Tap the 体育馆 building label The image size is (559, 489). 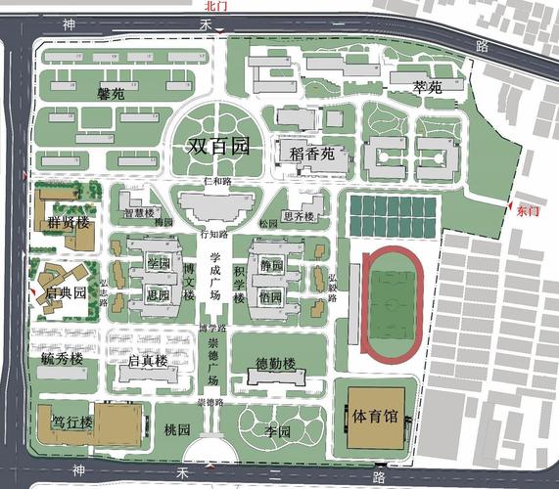click(x=375, y=416)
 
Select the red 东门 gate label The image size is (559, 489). click(x=527, y=209)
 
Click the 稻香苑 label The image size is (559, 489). click(x=312, y=154)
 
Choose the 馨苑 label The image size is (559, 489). click(x=111, y=95)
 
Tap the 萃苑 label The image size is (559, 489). click(x=428, y=88)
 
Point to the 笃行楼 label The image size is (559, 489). click(x=72, y=422)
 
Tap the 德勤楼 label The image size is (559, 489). click(x=275, y=364)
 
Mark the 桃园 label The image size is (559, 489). click(x=177, y=429)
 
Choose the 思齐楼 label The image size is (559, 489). click(x=298, y=216)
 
